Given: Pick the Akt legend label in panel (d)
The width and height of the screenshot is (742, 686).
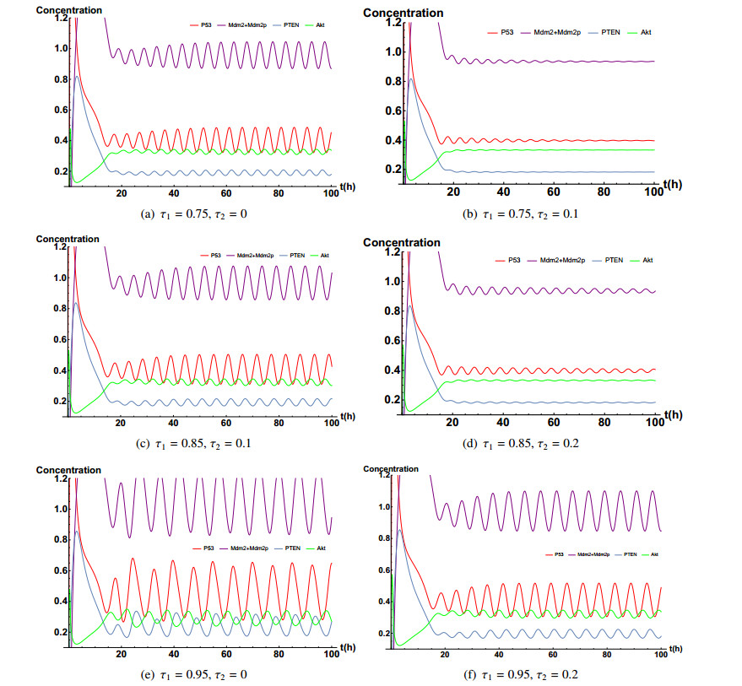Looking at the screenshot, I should point(647,260).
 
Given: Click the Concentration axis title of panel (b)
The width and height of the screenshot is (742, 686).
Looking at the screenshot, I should point(403,13).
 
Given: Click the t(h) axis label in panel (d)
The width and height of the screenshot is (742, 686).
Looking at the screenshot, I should point(672,413).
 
